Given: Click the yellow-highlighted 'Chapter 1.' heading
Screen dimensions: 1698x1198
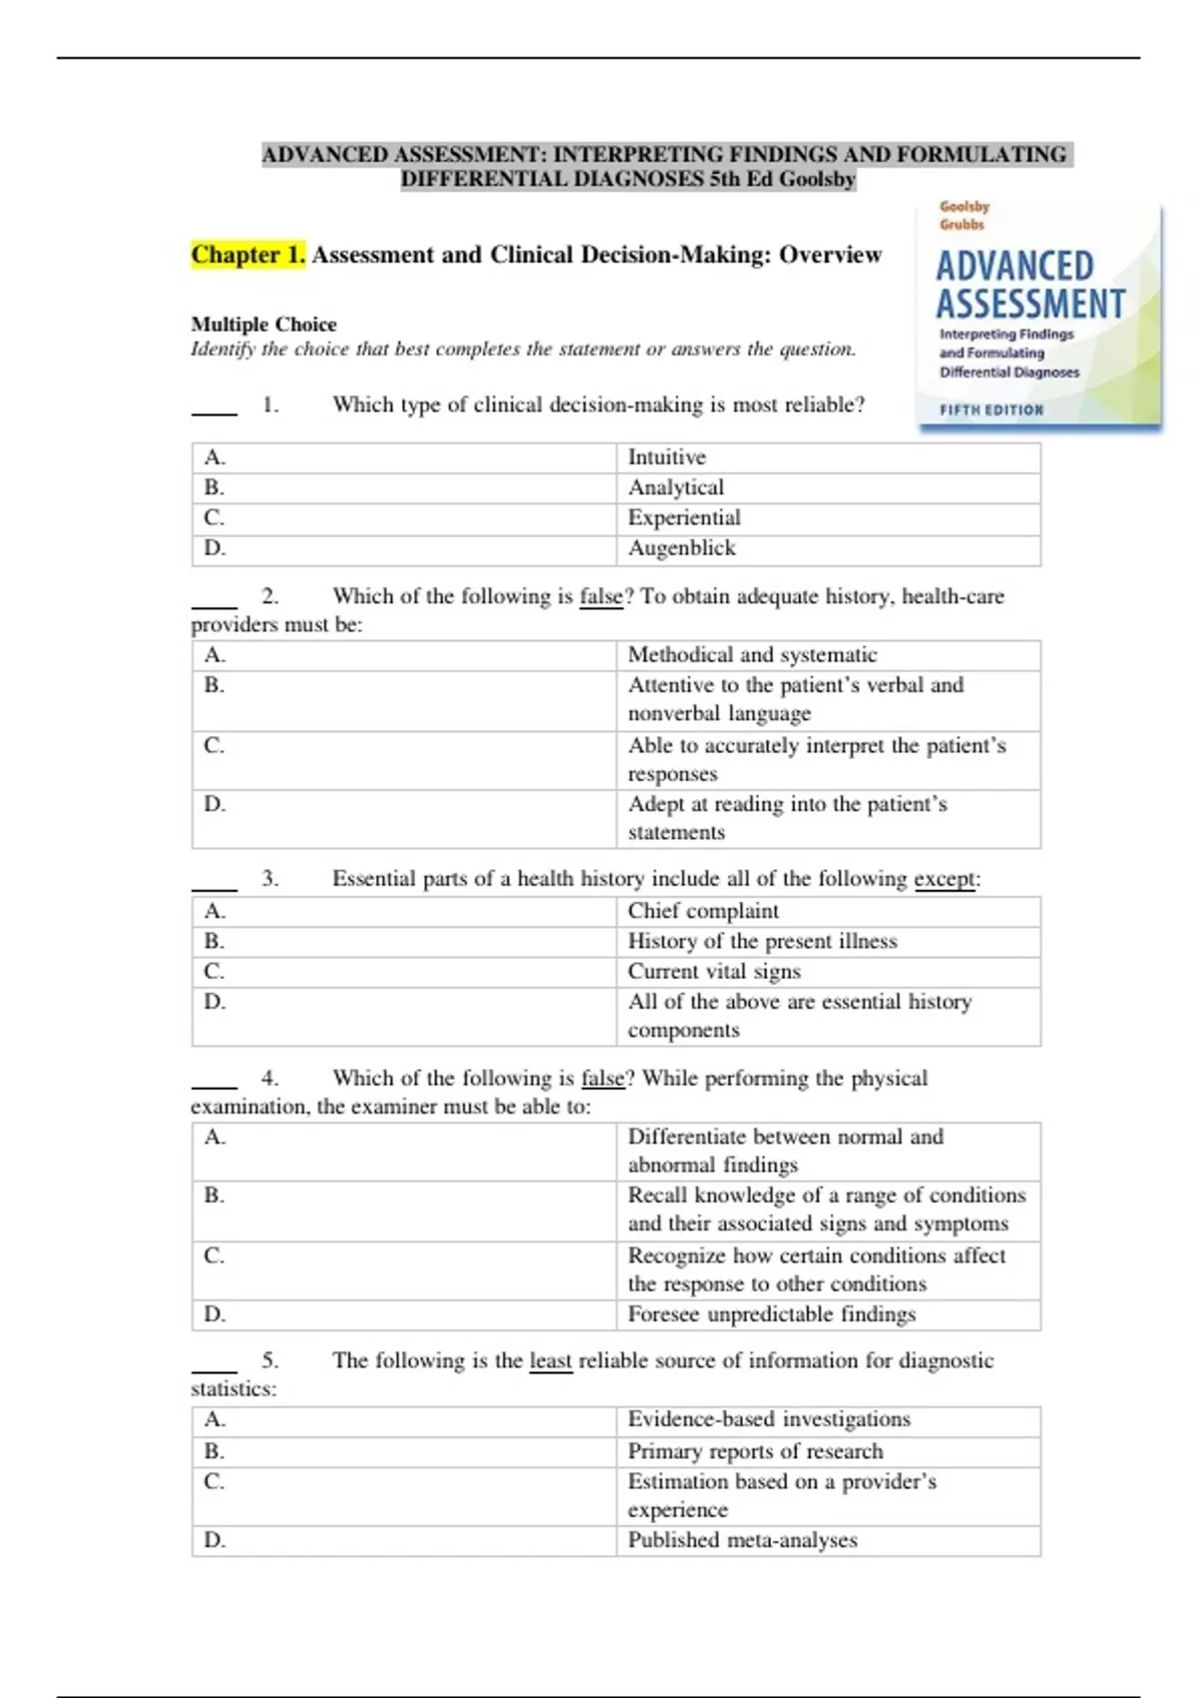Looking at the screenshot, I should click(248, 256).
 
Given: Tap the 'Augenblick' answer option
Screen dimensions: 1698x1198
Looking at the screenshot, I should click(682, 548).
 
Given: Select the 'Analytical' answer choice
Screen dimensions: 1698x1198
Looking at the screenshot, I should click(676, 487).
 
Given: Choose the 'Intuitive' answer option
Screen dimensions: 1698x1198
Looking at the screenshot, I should click(667, 457).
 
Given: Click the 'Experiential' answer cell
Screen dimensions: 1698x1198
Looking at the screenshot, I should click(684, 517).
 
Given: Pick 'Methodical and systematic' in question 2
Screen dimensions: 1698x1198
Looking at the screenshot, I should click(752, 655).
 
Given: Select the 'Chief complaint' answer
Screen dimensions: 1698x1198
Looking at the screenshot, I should click(703, 911).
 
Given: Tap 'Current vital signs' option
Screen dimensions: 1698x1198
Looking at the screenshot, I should click(714, 971).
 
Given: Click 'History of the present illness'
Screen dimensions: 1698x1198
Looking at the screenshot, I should click(762, 941).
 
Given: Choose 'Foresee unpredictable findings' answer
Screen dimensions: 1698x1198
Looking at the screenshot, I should click(771, 1314).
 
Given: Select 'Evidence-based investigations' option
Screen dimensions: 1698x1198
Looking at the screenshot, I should click(769, 1419).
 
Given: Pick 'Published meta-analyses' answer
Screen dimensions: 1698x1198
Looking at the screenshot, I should click(742, 1540).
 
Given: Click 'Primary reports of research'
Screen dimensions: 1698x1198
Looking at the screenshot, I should click(755, 1451).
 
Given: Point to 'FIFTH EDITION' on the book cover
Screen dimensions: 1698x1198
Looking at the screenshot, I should click(990, 410).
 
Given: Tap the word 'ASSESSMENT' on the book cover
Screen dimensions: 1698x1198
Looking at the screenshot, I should click(1029, 304).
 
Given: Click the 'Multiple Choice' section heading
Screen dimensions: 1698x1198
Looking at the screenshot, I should click(264, 325).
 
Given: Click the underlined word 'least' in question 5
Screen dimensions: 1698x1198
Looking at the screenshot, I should click(550, 1360).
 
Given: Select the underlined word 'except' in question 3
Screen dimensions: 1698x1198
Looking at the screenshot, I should click(943, 879).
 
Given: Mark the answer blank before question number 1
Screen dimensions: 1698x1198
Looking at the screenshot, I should click(214, 408).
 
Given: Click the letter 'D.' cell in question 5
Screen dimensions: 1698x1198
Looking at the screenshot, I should click(215, 1540).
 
